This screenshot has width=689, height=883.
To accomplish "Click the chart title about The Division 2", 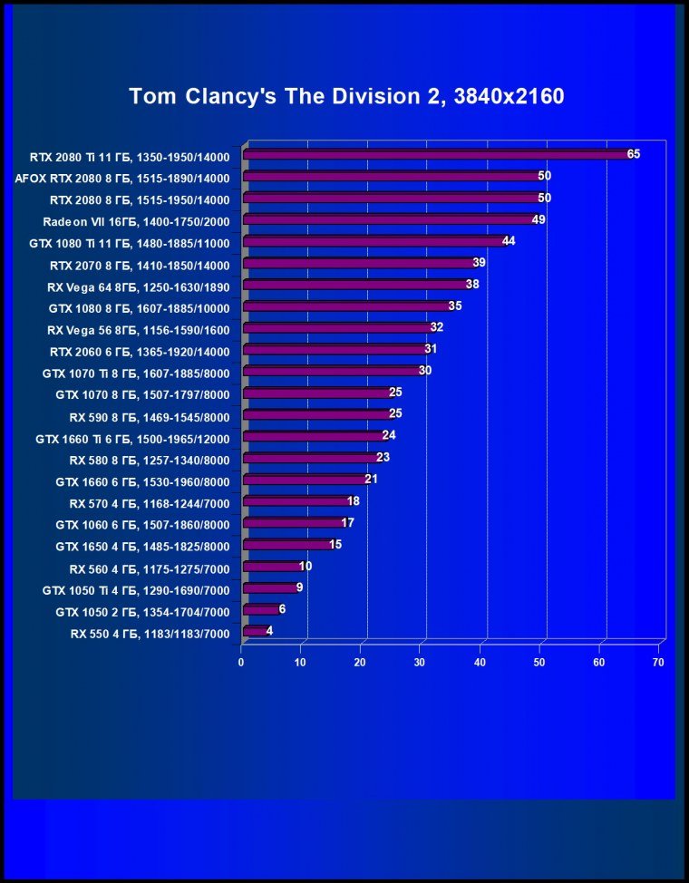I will [x=346, y=96].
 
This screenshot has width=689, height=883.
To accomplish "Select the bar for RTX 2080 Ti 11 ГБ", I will [x=435, y=155].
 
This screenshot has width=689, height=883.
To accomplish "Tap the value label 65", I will [x=633, y=154].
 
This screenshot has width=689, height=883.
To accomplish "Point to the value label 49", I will [x=539, y=219].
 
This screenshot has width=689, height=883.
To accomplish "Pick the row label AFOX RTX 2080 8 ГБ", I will [x=122, y=179].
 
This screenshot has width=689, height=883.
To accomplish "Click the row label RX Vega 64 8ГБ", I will [x=138, y=286].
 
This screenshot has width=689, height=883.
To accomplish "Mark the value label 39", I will [x=480, y=263].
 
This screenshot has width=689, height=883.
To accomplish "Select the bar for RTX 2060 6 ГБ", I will [x=335, y=350].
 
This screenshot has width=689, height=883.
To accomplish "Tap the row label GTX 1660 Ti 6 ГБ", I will [x=132, y=439].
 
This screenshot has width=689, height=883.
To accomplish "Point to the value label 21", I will [x=371, y=479].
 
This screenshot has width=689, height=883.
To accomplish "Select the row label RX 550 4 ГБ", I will [x=150, y=634].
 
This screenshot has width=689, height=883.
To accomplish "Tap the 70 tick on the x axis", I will [x=658, y=663].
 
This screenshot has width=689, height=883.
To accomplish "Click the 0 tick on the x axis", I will [x=241, y=663].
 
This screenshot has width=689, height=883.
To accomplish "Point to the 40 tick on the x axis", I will [x=480, y=663].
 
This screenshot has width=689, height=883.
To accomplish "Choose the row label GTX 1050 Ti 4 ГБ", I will [x=136, y=590].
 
